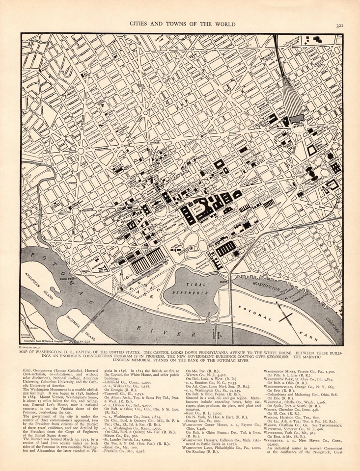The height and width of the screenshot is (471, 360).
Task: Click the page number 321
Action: coord(339,26)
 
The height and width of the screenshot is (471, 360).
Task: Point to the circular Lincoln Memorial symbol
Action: coord(121,288)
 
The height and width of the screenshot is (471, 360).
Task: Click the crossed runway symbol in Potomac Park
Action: coord(285,316)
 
